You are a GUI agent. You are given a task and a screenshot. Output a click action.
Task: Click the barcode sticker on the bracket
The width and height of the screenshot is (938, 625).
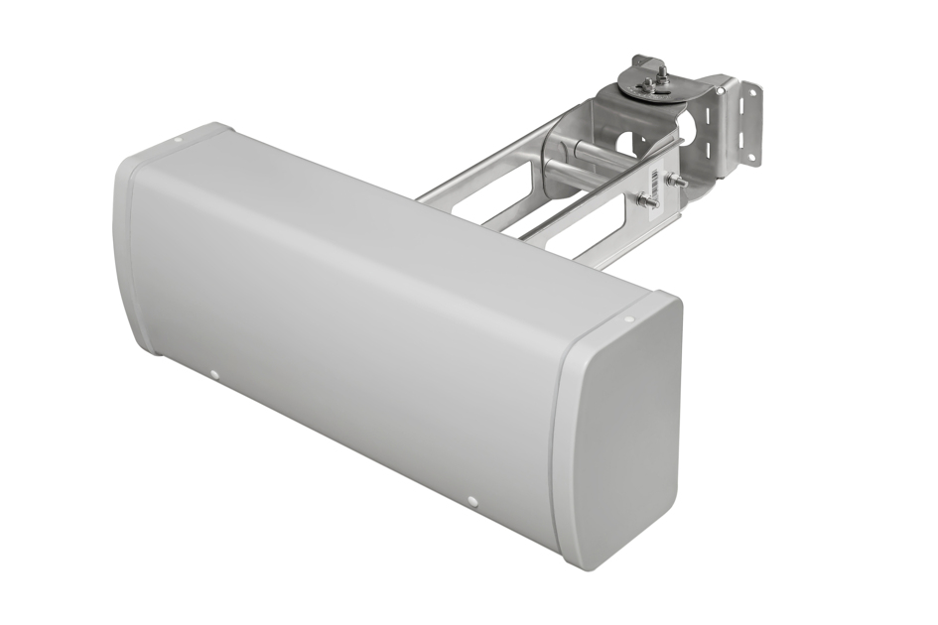(654, 180)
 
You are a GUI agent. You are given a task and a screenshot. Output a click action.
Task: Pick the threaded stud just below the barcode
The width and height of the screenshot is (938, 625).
(647, 201)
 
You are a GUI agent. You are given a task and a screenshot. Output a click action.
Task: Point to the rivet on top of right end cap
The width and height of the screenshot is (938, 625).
(628, 319)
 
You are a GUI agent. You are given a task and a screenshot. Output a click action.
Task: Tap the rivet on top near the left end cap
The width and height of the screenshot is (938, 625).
(178, 140)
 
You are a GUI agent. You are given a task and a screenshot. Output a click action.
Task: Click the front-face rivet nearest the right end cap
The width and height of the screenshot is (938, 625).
(473, 502)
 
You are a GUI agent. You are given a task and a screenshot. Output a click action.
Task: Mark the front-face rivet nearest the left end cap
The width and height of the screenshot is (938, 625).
(213, 374)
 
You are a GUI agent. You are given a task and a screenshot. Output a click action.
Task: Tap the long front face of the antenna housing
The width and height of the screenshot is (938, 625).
(347, 317)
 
